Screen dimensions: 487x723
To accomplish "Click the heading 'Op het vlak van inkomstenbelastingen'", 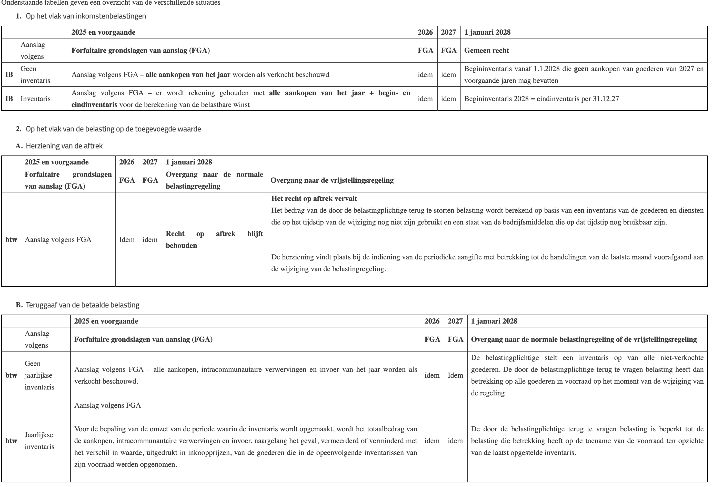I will pos(86,16).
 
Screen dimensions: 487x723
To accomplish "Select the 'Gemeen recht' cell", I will pos(486,51).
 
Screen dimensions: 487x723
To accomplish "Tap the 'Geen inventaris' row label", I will pos(35,75).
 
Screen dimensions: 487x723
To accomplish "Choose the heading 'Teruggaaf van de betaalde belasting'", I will pos(82,305).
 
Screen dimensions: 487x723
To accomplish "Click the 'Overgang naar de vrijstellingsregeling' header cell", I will pos(332,180).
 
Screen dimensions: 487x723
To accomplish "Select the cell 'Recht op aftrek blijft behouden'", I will pos(214,239).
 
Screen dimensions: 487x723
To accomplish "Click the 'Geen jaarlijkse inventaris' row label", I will pos(39,375).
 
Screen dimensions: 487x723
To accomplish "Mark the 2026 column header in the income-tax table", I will pos(425,32).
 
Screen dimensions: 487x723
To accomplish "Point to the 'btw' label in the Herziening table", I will pos(11,240).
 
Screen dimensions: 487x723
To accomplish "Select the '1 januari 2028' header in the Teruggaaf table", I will pos(494,321).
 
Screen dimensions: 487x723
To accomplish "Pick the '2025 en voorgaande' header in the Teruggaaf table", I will pos(106,321).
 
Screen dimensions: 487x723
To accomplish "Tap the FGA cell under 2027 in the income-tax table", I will pos(448,51).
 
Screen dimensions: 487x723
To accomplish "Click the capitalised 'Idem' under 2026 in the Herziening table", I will pos(127,240).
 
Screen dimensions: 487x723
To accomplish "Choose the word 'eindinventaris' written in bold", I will pos(94,105).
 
